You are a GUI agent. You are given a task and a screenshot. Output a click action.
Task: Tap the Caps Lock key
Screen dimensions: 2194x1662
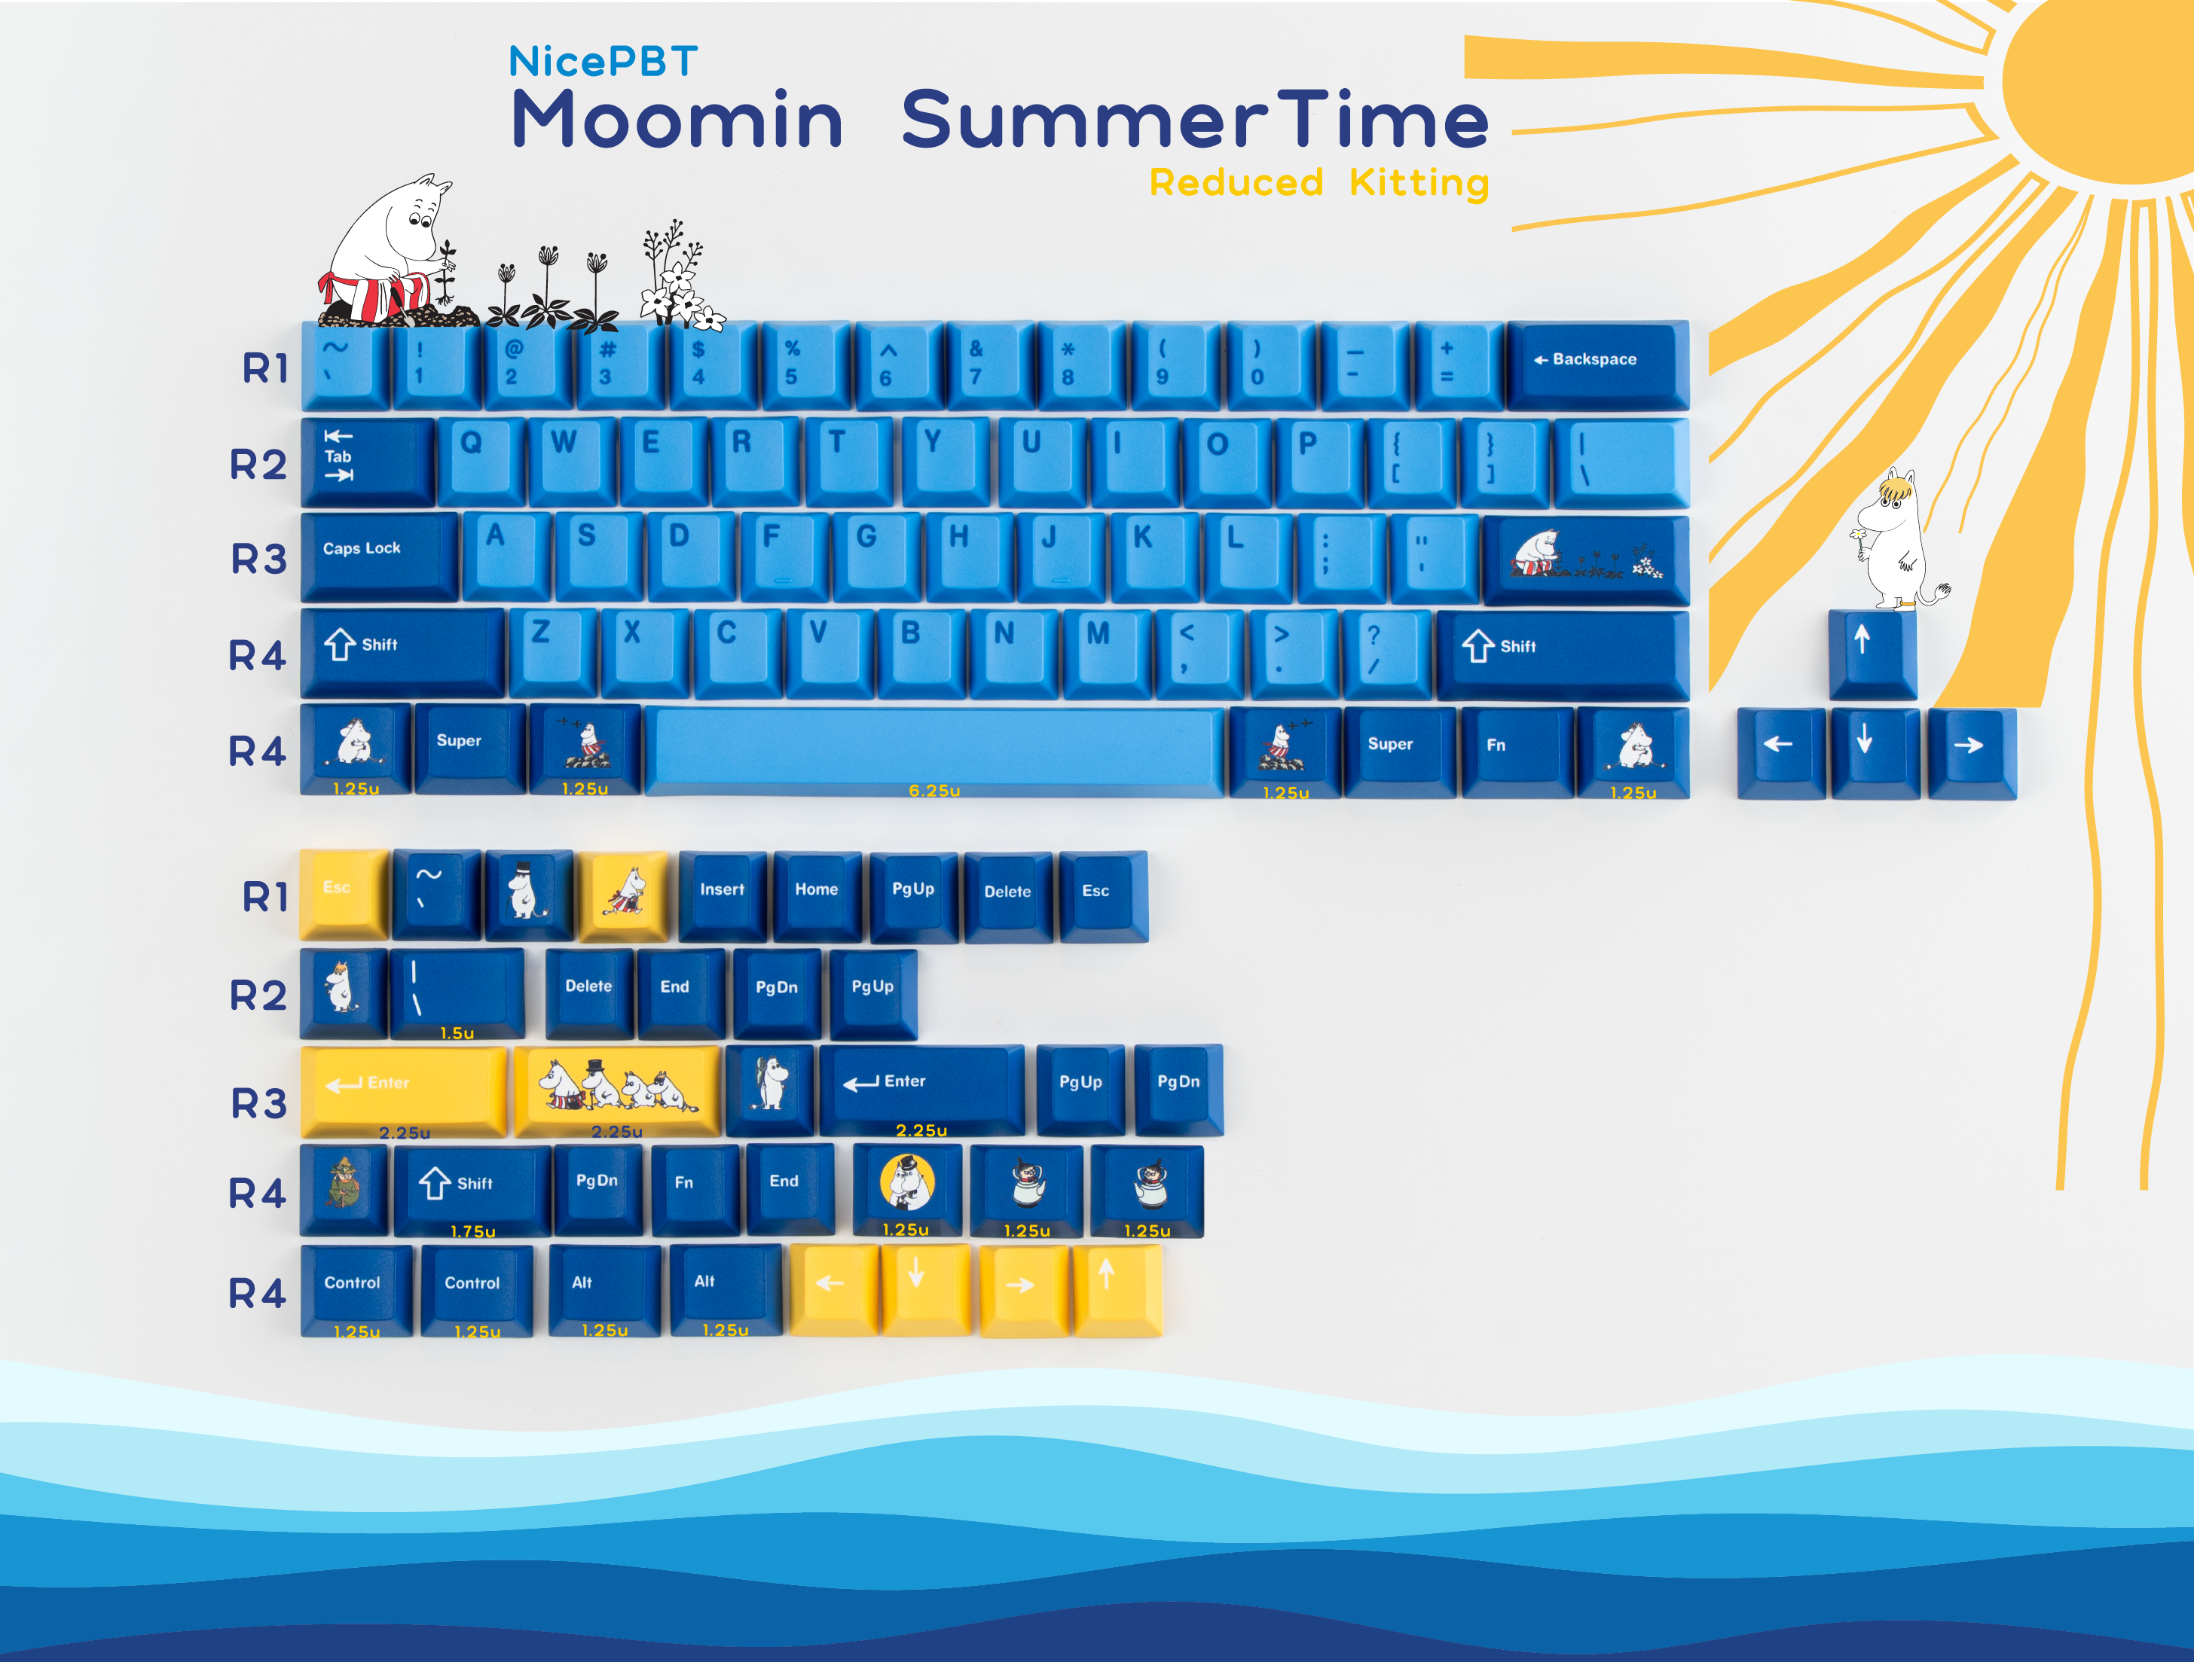(x=380, y=557)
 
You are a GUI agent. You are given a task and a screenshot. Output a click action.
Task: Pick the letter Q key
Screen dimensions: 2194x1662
(x=481, y=461)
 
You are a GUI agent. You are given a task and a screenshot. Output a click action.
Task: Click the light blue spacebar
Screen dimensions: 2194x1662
(x=934, y=751)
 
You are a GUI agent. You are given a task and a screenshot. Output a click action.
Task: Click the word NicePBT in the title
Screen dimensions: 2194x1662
(x=603, y=62)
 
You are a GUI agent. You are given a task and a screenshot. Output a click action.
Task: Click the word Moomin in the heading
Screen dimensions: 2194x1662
(x=677, y=119)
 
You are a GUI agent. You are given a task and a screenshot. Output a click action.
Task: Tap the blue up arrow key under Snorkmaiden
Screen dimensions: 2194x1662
(x=1872, y=654)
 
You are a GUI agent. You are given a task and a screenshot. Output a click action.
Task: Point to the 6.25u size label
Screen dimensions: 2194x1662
(x=934, y=791)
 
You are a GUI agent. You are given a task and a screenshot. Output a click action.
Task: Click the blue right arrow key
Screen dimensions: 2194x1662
(x=1972, y=754)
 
